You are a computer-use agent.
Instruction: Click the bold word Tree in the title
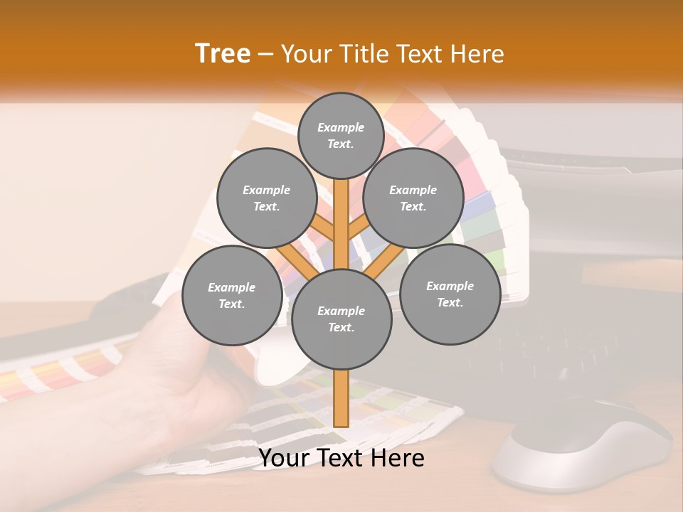click(x=223, y=53)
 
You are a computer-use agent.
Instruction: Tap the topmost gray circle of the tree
click(x=341, y=135)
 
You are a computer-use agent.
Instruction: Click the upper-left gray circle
click(x=267, y=198)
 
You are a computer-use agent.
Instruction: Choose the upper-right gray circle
click(x=413, y=198)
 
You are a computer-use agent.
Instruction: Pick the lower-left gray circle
click(x=232, y=295)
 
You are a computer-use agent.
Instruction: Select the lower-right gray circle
click(x=450, y=294)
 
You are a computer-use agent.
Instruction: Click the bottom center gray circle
click(x=341, y=319)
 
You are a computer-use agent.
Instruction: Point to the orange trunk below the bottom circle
click(x=341, y=398)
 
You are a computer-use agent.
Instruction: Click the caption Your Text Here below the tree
click(x=341, y=458)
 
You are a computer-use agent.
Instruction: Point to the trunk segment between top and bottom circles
click(x=341, y=224)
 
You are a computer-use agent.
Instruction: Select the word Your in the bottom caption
click(x=283, y=458)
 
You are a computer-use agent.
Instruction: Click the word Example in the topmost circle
click(x=341, y=127)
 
